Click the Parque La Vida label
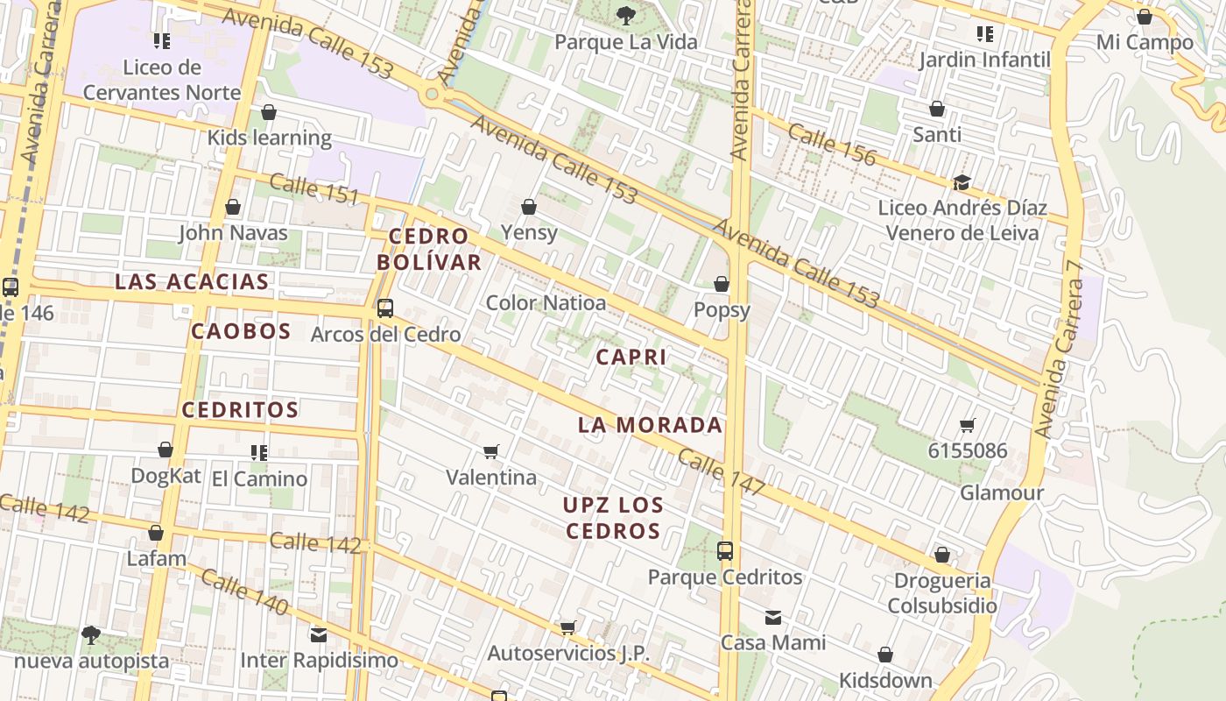pos(626,42)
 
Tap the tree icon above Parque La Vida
pos(625,15)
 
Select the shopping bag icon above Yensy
pos(529,207)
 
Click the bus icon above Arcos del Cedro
pos(384,308)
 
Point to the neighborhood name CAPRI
pos(631,357)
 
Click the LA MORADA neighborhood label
pos(650,425)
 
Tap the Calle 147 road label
pos(722,473)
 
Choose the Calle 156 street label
pos(831,145)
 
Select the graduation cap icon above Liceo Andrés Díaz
pos(962,182)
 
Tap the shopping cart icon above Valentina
pos(491,451)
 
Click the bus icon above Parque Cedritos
pos(725,550)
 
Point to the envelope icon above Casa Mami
pos(772,618)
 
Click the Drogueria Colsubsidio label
pos(942,593)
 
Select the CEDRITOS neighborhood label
pos(240,409)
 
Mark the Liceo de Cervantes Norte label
pos(162,80)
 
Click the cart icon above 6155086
pos(968,426)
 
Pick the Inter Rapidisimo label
pos(319,660)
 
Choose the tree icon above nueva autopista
pos(90,634)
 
